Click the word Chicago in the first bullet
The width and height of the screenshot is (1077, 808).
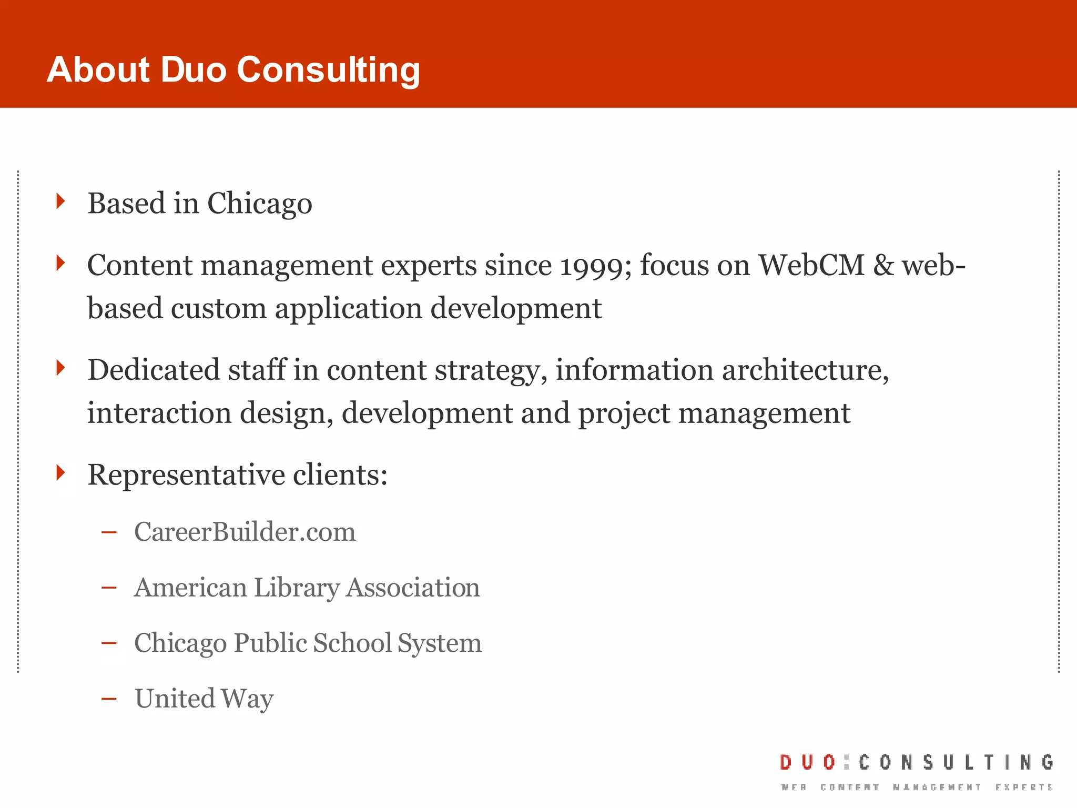click(260, 204)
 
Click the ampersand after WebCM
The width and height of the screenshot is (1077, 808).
click(883, 265)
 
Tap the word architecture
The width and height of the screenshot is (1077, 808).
click(805, 370)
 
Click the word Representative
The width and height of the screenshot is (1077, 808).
click(186, 475)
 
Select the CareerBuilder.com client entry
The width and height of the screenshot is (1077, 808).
click(245, 532)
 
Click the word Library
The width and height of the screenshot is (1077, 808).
click(297, 588)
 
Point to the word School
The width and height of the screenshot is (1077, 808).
click(352, 643)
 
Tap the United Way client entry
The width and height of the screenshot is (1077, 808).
click(204, 699)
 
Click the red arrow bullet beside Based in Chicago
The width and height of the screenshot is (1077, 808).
click(61, 201)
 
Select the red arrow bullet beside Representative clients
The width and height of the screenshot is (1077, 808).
click(61, 472)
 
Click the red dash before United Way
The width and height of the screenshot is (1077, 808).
click(109, 699)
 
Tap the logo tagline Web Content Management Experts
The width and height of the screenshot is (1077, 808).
click(917, 787)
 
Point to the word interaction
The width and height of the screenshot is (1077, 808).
click(159, 413)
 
